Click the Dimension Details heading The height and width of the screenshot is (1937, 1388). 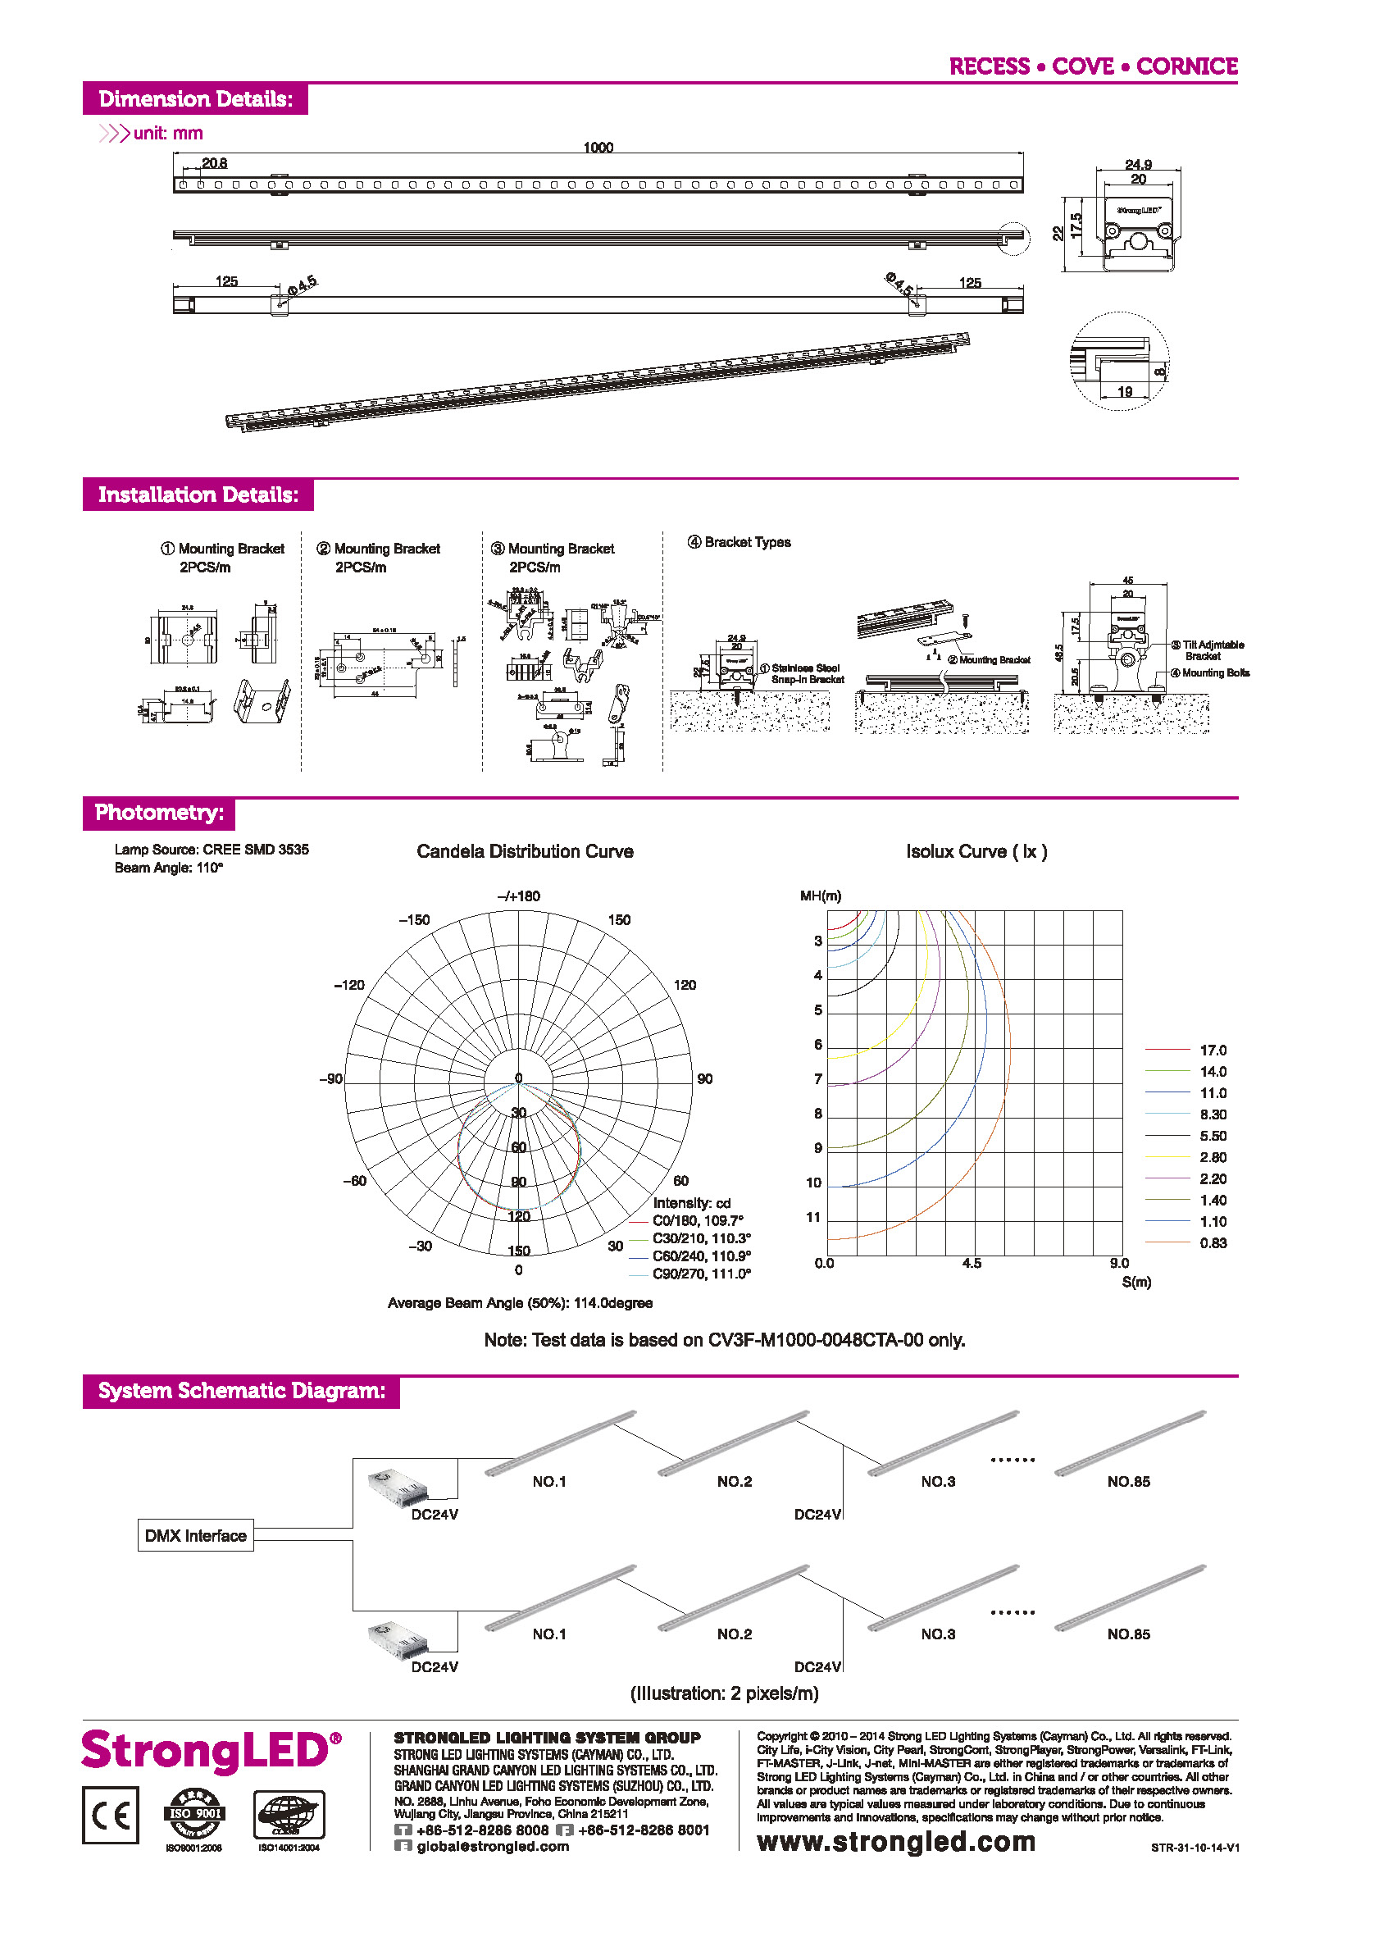tap(195, 99)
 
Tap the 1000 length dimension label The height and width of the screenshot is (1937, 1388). tap(598, 148)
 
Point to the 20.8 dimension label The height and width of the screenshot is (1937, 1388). tap(214, 163)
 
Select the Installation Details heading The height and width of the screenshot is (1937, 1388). tap(198, 495)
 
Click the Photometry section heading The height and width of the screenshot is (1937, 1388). tap(159, 812)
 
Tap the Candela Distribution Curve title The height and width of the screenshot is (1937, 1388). tap(524, 851)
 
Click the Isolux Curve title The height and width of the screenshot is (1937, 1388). tap(976, 851)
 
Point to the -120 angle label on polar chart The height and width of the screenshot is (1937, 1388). tap(348, 985)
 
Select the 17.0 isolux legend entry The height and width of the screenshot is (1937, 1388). tap(1213, 1050)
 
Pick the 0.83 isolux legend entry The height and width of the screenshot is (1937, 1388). tap(1213, 1242)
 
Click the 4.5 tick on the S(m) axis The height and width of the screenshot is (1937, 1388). tap(971, 1263)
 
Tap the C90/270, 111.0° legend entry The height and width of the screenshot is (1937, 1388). tap(701, 1274)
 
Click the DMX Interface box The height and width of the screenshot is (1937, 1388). tap(195, 1536)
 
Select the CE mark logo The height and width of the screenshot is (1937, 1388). tap(110, 1815)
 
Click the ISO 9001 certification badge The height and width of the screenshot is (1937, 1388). tap(194, 1813)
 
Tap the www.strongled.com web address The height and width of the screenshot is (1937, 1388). tap(895, 1842)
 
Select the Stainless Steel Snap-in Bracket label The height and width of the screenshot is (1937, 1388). tap(806, 673)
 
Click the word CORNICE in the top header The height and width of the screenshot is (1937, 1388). tap(1185, 66)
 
